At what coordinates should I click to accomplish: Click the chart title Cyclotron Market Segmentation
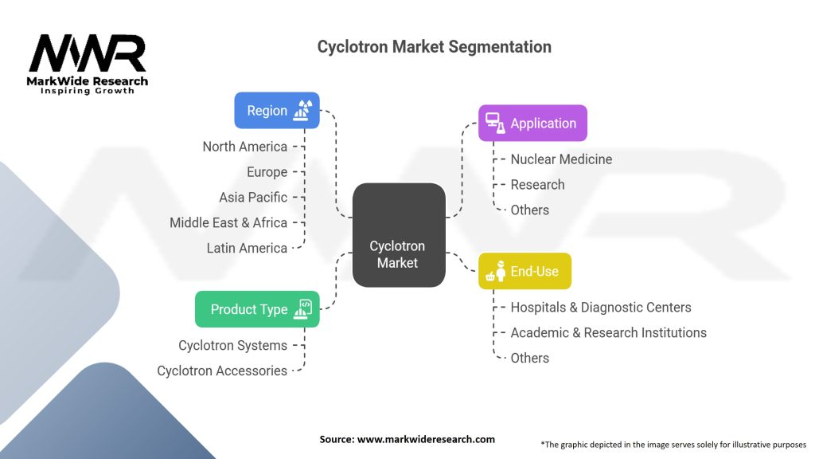tap(434, 47)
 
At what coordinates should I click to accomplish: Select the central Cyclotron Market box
tap(398, 235)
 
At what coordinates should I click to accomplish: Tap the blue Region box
tap(276, 111)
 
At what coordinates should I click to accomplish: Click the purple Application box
tap(532, 124)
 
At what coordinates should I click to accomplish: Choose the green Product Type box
tap(256, 309)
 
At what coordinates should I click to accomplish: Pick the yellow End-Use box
tap(524, 272)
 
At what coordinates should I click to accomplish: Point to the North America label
tap(244, 147)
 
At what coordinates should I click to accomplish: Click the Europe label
tap(267, 172)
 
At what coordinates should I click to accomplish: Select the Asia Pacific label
tap(253, 198)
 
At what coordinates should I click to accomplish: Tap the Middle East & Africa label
tap(228, 223)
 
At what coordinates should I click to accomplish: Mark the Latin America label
tap(247, 249)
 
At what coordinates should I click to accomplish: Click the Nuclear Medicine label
tap(561, 159)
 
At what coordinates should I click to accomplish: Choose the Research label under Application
tap(537, 185)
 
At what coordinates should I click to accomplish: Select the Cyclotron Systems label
tap(232, 346)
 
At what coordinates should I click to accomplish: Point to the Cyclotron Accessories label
tap(222, 371)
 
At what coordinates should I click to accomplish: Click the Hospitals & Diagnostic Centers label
tap(600, 308)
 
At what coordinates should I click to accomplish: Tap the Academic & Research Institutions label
tap(608, 333)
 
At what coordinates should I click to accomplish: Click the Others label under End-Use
tap(529, 359)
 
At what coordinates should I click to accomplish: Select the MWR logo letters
tap(88, 55)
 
